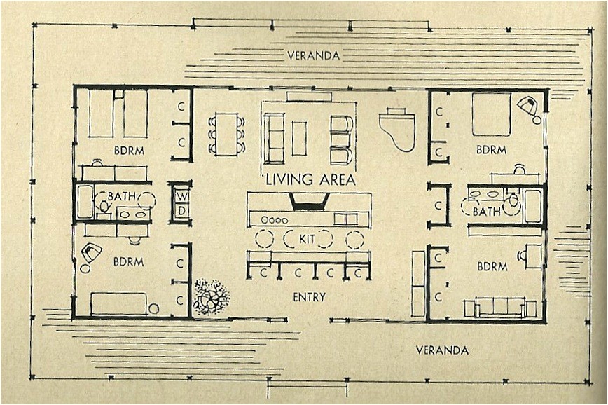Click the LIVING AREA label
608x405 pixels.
(310, 180)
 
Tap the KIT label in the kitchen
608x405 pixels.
(307, 240)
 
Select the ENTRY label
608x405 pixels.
(309, 297)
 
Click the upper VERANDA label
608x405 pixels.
(313, 55)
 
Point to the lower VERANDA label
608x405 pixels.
(442, 349)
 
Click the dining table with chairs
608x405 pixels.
(227, 133)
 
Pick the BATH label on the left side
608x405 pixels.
(122, 197)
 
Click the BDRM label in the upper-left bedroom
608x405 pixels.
(129, 149)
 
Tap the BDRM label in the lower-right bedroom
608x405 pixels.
(492, 266)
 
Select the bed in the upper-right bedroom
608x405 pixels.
(490, 114)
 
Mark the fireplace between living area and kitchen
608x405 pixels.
(308, 201)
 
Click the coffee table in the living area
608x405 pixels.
(299, 138)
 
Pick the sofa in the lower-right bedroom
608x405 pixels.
(499, 307)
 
